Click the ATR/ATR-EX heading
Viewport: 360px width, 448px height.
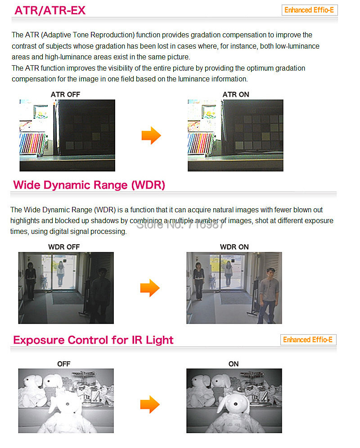[50, 10]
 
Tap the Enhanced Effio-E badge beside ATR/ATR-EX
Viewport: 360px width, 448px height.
[310, 10]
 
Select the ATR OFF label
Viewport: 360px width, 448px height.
[65, 94]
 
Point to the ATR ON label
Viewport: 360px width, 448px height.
[236, 94]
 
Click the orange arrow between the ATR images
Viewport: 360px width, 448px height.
[151, 135]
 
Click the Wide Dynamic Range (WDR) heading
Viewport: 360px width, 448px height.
[89, 185]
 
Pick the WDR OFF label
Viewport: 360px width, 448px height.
[64, 247]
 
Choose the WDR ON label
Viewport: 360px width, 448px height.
[234, 247]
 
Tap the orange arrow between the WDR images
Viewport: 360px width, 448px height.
[150, 288]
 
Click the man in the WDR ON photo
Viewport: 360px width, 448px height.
[268, 296]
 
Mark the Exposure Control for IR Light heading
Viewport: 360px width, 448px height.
[93, 340]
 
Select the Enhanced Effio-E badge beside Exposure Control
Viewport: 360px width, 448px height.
[308, 340]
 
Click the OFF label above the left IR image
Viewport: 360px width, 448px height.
[63, 364]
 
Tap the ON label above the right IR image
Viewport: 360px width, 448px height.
[234, 364]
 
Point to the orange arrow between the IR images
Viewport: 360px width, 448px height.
[150, 404]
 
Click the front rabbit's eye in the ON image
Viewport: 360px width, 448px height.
[236, 404]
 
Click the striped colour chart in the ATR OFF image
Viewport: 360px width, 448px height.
[32, 143]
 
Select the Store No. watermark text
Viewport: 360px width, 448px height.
[180, 224]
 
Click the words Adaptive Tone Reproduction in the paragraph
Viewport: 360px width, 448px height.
[89, 35]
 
